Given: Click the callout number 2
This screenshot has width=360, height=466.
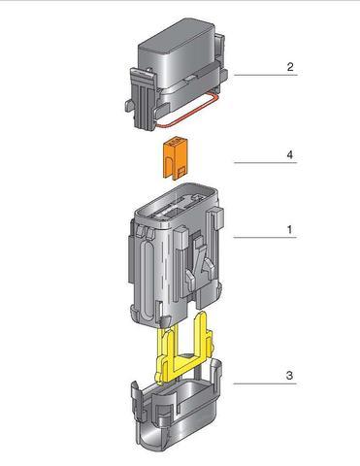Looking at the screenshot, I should coord(289,68).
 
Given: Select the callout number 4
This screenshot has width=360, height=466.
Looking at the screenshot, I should coord(289,154).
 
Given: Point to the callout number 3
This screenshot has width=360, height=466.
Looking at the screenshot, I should coord(289,375).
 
